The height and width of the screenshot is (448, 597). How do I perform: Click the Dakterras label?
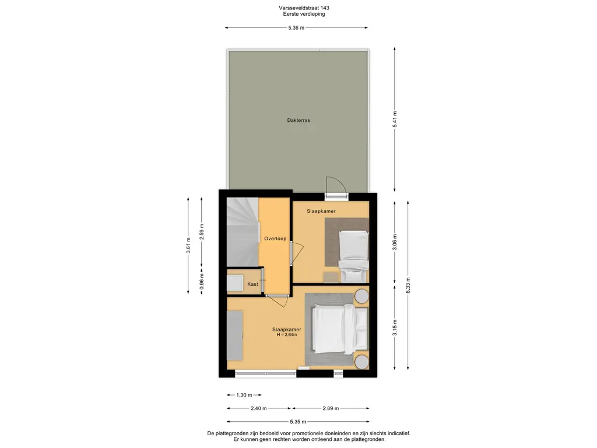298,120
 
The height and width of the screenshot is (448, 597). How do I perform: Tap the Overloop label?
275,239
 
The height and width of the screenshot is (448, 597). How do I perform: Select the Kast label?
252,284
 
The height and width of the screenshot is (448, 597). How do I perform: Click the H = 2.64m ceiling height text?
287,335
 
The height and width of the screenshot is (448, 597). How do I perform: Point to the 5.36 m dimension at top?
296,28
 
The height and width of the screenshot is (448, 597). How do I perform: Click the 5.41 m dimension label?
395,120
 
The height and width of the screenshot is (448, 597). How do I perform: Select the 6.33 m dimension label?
408,285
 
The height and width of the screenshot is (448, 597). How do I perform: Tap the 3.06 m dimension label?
395,242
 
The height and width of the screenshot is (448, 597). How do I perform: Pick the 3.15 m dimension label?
395,328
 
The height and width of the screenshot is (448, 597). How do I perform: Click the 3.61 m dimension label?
188,246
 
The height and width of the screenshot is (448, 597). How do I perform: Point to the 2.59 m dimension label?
202,232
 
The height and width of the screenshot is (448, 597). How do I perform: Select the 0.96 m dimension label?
202,282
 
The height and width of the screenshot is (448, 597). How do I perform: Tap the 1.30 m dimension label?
244,395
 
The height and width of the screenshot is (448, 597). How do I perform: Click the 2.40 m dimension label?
258,408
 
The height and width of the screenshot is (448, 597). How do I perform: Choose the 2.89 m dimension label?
331,408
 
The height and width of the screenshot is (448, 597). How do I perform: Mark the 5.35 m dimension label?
298,422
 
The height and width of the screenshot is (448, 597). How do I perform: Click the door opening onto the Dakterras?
336,188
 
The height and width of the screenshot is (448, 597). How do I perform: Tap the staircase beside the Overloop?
243,232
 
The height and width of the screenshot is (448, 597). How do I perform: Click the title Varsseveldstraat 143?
304,8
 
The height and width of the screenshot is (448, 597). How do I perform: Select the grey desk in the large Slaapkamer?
235,335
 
